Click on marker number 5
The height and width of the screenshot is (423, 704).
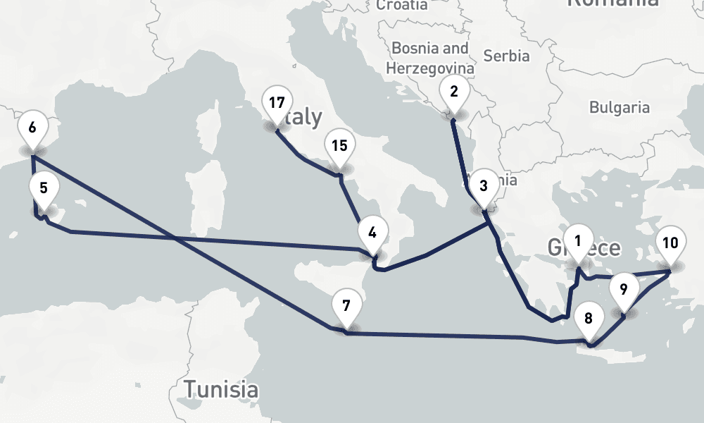[x=44, y=189]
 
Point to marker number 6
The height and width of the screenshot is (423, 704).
[x=32, y=128]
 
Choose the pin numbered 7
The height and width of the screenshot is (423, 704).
[x=345, y=307]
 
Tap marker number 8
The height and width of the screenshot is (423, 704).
[x=589, y=318]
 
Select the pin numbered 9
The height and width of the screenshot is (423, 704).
[x=623, y=288]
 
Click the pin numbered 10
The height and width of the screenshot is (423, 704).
[x=670, y=244]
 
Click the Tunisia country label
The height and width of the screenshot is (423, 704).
[x=220, y=388]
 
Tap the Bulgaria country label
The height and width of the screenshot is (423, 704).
[x=620, y=108]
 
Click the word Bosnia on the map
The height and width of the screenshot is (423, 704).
[x=420, y=49]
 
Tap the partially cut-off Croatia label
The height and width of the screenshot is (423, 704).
[x=401, y=5]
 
